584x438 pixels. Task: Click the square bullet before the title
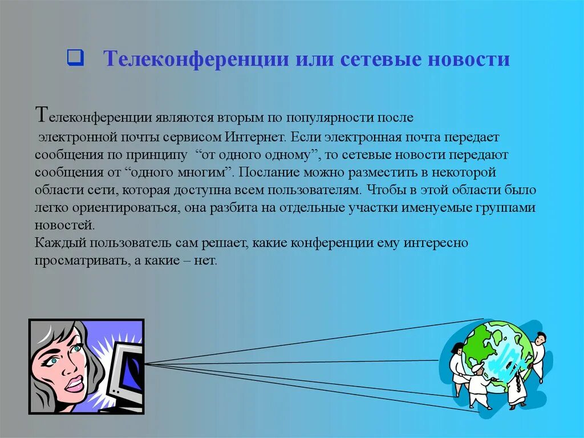pos(75,58)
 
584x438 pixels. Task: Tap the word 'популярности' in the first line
pos(327,118)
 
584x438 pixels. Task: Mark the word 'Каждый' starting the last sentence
pos(55,242)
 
